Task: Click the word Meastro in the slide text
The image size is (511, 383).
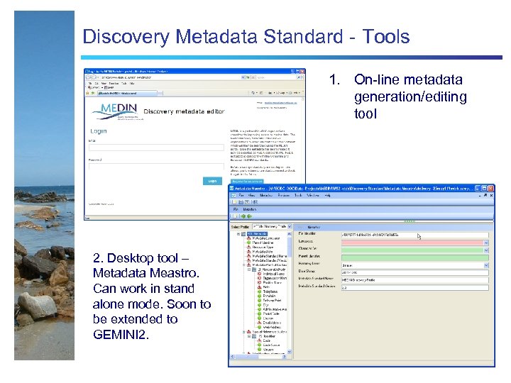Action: [x=170, y=274]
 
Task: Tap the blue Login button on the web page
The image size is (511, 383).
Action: [x=211, y=181]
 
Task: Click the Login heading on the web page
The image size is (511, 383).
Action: [x=99, y=131]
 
